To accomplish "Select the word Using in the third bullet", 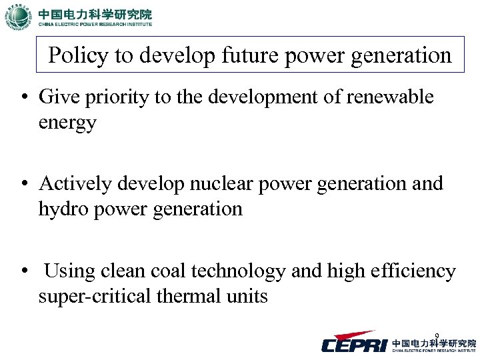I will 70,271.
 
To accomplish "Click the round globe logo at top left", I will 18,17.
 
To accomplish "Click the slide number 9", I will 436,335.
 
